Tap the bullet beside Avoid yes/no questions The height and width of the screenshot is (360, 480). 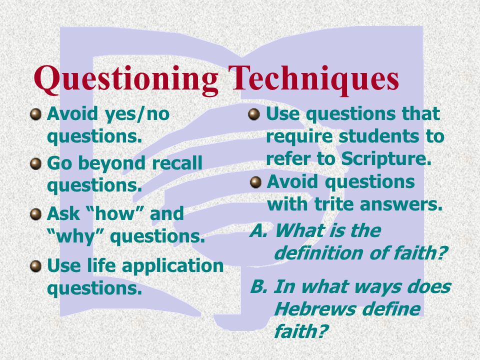(36, 114)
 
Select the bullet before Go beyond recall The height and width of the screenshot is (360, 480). (36, 163)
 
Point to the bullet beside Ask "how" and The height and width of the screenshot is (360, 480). (36, 214)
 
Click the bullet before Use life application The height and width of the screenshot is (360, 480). (36, 265)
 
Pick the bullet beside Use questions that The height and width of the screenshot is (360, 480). (254, 114)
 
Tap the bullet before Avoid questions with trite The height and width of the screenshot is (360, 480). (255, 182)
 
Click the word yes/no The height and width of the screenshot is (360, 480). (137, 114)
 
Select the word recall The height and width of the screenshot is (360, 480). (177, 163)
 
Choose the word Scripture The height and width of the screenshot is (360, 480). (385, 159)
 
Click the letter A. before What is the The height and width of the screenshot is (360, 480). (259, 230)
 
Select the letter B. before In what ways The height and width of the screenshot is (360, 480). (259, 287)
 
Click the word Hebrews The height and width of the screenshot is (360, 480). (314, 309)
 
